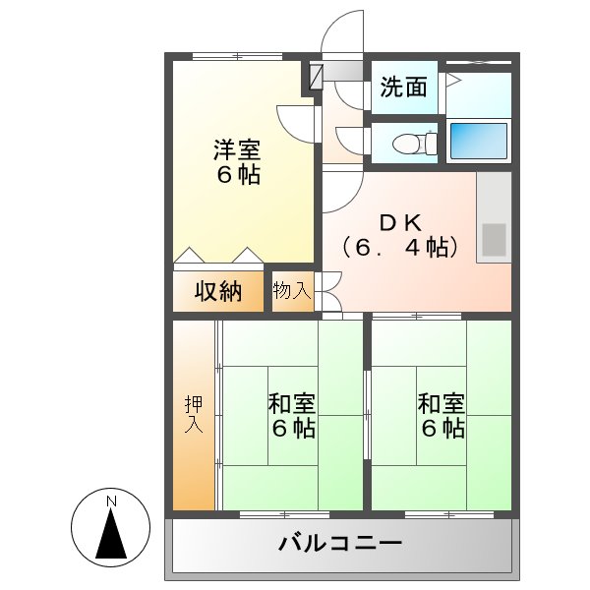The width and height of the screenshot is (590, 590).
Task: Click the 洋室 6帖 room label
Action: point(237,163)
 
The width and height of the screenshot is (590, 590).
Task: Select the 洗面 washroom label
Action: point(404,88)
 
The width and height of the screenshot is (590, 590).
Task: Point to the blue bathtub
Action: point(479,141)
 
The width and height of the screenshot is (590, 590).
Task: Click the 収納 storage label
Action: point(217,291)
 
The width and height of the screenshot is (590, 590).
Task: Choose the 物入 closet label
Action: point(292,291)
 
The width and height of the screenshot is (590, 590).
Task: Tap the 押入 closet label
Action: point(193,415)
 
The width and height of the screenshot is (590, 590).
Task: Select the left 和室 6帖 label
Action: point(292,416)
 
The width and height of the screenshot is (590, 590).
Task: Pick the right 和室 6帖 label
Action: point(441,416)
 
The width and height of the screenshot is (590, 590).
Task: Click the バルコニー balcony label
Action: point(339,542)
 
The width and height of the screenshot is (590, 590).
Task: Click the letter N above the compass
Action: point(111,501)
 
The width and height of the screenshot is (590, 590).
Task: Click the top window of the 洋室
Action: point(231,57)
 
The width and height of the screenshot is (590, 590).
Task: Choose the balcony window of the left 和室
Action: point(270,514)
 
